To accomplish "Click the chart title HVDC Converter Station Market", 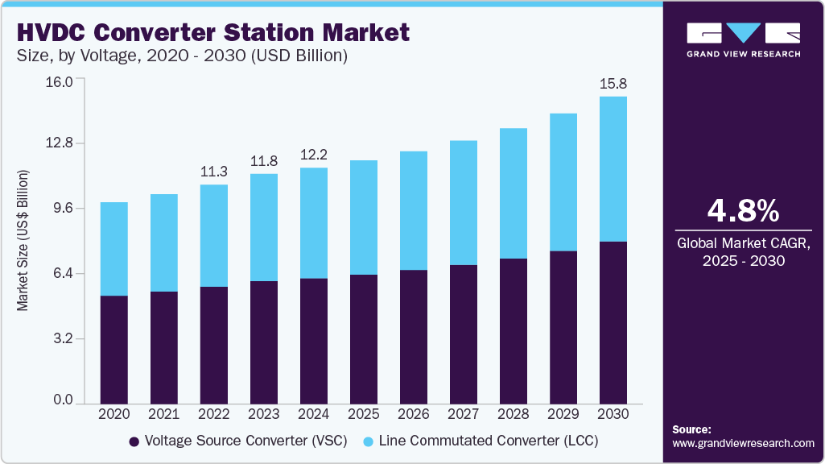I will tap(213, 32).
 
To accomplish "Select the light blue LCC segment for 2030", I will tap(613, 169).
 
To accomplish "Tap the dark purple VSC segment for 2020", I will tap(113, 349).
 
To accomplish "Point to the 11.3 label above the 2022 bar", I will tap(213, 172).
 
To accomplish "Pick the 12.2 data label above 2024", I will tap(313, 155).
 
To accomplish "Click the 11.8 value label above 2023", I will tap(263, 161).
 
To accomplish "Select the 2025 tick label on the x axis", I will tap(363, 413).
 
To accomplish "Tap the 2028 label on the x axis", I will tap(513, 413).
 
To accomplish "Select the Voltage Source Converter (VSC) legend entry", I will tap(242, 441).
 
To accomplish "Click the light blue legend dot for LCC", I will tap(368, 442).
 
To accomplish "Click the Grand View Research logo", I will tap(743, 39).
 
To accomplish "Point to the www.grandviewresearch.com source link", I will tap(743, 443).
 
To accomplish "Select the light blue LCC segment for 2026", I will tap(413, 210).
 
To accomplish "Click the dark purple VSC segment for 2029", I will tap(563, 326).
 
